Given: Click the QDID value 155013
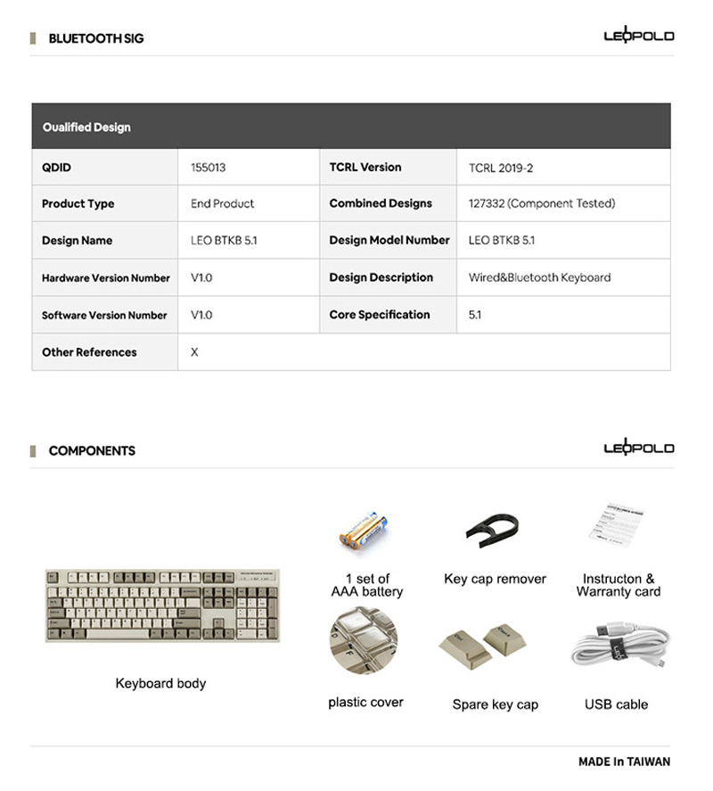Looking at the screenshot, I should [209, 167].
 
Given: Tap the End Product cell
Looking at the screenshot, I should [222, 203].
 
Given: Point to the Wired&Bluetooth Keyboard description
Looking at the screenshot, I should [539, 277].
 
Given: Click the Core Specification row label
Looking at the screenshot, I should [379, 315].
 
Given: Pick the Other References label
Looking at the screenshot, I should [89, 352].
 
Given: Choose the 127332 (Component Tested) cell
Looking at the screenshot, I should [541, 203].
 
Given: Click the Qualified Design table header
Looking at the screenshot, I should [86, 127].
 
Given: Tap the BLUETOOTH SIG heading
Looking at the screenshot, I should [95, 38].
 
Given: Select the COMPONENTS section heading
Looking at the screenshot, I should [92, 450].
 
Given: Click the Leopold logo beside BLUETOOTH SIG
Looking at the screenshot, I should [638, 36].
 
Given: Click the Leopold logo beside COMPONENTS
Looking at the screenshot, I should [638, 448].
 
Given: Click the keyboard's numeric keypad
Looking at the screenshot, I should [262, 606].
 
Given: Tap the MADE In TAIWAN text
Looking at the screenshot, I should [624, 762].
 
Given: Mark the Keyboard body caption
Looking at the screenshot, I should [160, 683].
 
